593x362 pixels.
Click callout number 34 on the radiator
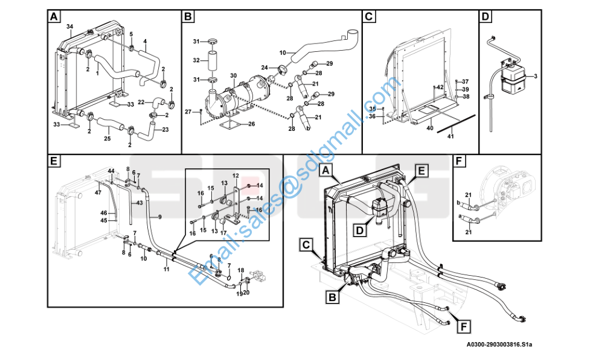[x=69, y=27]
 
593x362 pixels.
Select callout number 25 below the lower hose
[x=107, y=138]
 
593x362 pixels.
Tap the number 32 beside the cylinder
[x=196, y=60]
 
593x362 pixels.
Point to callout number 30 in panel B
[x=233, y=75]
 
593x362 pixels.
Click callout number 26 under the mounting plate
[x=251, y=124]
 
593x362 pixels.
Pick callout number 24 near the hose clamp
[x=264, y=67]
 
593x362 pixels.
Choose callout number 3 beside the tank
[x=535, y=76]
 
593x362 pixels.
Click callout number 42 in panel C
[x=440, y=87]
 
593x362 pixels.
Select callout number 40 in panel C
[x=430, y=128]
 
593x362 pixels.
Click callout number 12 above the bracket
[x=236, y=176]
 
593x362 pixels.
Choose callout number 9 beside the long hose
[x=160, y=217]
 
